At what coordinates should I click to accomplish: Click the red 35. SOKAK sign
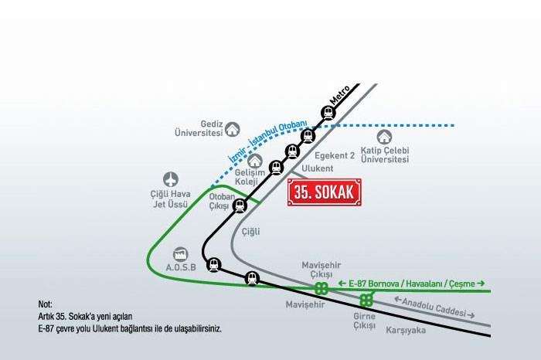325,192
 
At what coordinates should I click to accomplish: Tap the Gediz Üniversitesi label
199,128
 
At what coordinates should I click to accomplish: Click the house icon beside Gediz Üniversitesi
233,129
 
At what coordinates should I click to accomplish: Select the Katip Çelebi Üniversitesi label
385,155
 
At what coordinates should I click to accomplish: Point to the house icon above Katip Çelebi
383,137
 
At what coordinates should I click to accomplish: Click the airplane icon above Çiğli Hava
171,180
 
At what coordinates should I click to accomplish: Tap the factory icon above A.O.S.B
180,254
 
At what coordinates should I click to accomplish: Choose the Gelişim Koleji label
250,177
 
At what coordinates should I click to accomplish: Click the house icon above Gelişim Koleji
255,161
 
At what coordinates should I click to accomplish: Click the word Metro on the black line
339,95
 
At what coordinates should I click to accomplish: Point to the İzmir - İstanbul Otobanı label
267,141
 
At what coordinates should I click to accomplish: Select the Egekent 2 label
335,155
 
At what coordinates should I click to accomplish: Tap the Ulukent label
318,168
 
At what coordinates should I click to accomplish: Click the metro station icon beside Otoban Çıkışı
240,205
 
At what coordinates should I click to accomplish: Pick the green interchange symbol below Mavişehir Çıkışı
322,288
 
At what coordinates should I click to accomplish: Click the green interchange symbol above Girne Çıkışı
366,301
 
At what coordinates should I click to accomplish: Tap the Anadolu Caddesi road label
434,307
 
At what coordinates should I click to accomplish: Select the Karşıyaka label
406,331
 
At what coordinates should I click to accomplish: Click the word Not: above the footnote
45,304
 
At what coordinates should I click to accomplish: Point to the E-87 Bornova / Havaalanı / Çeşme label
412,284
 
